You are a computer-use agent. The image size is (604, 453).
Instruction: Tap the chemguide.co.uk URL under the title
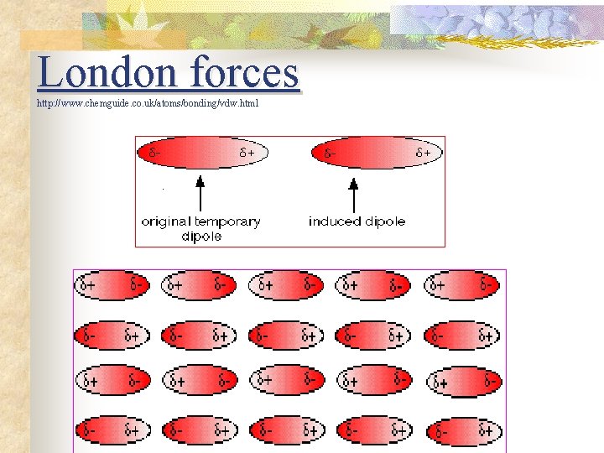pyautogui.click(x=148, y=103)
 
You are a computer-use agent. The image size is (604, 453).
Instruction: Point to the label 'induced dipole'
pyautogui.click(x=357, y=221)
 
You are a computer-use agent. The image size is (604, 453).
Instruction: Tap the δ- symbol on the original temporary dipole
pyautogui.click(x=155, y=154)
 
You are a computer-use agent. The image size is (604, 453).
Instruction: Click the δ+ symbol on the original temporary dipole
pyautogui.click(x=247, y=154)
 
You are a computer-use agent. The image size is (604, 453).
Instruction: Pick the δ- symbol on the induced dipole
pyautogui.click(x=331, y=154)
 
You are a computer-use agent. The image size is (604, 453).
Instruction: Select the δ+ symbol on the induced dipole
pyautogui.click(x=424, y=154)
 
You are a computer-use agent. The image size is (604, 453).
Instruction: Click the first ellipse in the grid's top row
pyautogui.click(x=112, y=286)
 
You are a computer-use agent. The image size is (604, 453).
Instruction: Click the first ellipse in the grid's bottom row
pyautogui.click(x=112, y=431)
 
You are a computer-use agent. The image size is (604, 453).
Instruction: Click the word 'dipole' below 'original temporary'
pyautogui.click(x=201, y=237)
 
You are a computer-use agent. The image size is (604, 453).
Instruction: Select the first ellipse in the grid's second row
pyautogui.click(x=112, y=336)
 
